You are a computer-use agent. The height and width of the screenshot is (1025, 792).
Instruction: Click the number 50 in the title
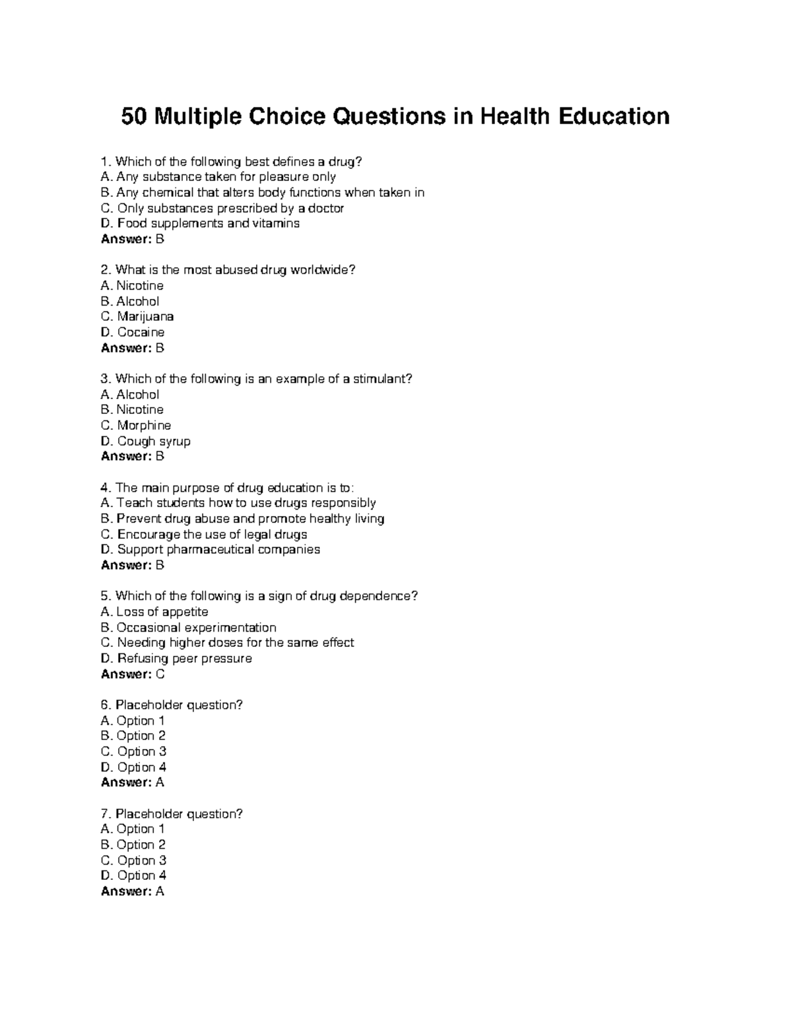[x=135, y=117]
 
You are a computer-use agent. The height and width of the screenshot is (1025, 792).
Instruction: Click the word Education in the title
[x=614, y=117]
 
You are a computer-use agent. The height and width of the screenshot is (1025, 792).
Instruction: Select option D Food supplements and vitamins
[x=200, y=223]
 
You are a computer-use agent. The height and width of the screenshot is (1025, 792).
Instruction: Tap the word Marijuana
[x=145, y=317]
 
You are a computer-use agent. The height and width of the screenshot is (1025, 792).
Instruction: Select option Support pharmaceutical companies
[x=210, y=550]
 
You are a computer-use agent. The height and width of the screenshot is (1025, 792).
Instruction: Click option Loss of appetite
[x=154, y=612]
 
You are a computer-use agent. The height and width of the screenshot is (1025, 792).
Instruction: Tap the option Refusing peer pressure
[x=176, y=659]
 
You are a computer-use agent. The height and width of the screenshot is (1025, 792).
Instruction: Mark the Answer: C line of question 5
[x=133, y=674]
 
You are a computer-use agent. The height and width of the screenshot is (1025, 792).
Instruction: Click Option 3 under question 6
[x=133, y=751]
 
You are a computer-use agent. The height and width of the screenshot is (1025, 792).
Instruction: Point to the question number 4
[x=104, y=488]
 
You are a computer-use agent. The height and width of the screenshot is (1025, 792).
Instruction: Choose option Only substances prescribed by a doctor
[x=222, y=208]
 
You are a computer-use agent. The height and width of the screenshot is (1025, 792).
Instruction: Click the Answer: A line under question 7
[x=132, y=892]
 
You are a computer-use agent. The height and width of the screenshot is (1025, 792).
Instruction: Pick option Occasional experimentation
[x=188, y=628]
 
